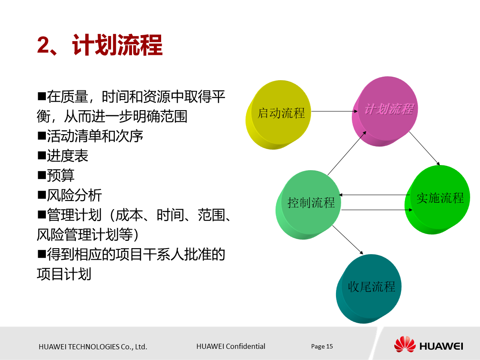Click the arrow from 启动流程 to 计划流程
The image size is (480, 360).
point(334,111)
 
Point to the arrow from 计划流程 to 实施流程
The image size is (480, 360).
point(424,148)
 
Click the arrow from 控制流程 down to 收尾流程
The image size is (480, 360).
point(348,240)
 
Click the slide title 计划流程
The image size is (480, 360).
point(117,45)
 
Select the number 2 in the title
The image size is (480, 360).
point(44,45)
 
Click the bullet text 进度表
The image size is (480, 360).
point(67,156)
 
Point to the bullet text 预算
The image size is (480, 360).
point(60,175)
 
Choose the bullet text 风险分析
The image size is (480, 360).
point(74,195)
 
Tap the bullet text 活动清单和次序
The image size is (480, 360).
point(95,136)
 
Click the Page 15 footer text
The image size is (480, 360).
point(322,346)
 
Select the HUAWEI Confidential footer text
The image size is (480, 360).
point(231,346)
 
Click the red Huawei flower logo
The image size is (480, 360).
point(405,345)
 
